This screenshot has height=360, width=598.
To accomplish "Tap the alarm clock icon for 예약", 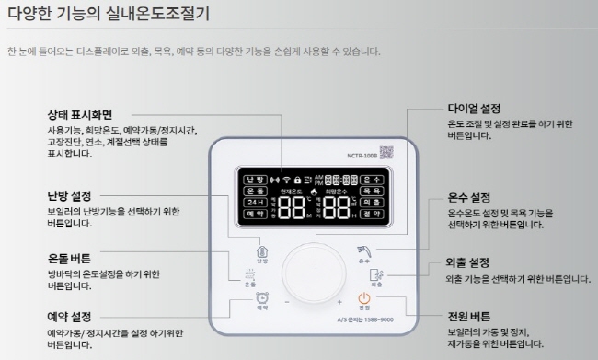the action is click(263, 297).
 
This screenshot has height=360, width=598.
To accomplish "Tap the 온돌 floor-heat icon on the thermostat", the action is click(249, 273).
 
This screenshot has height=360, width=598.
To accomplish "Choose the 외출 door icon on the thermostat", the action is click(376, 273).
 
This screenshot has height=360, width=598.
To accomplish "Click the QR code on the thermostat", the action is click(386, 153).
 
